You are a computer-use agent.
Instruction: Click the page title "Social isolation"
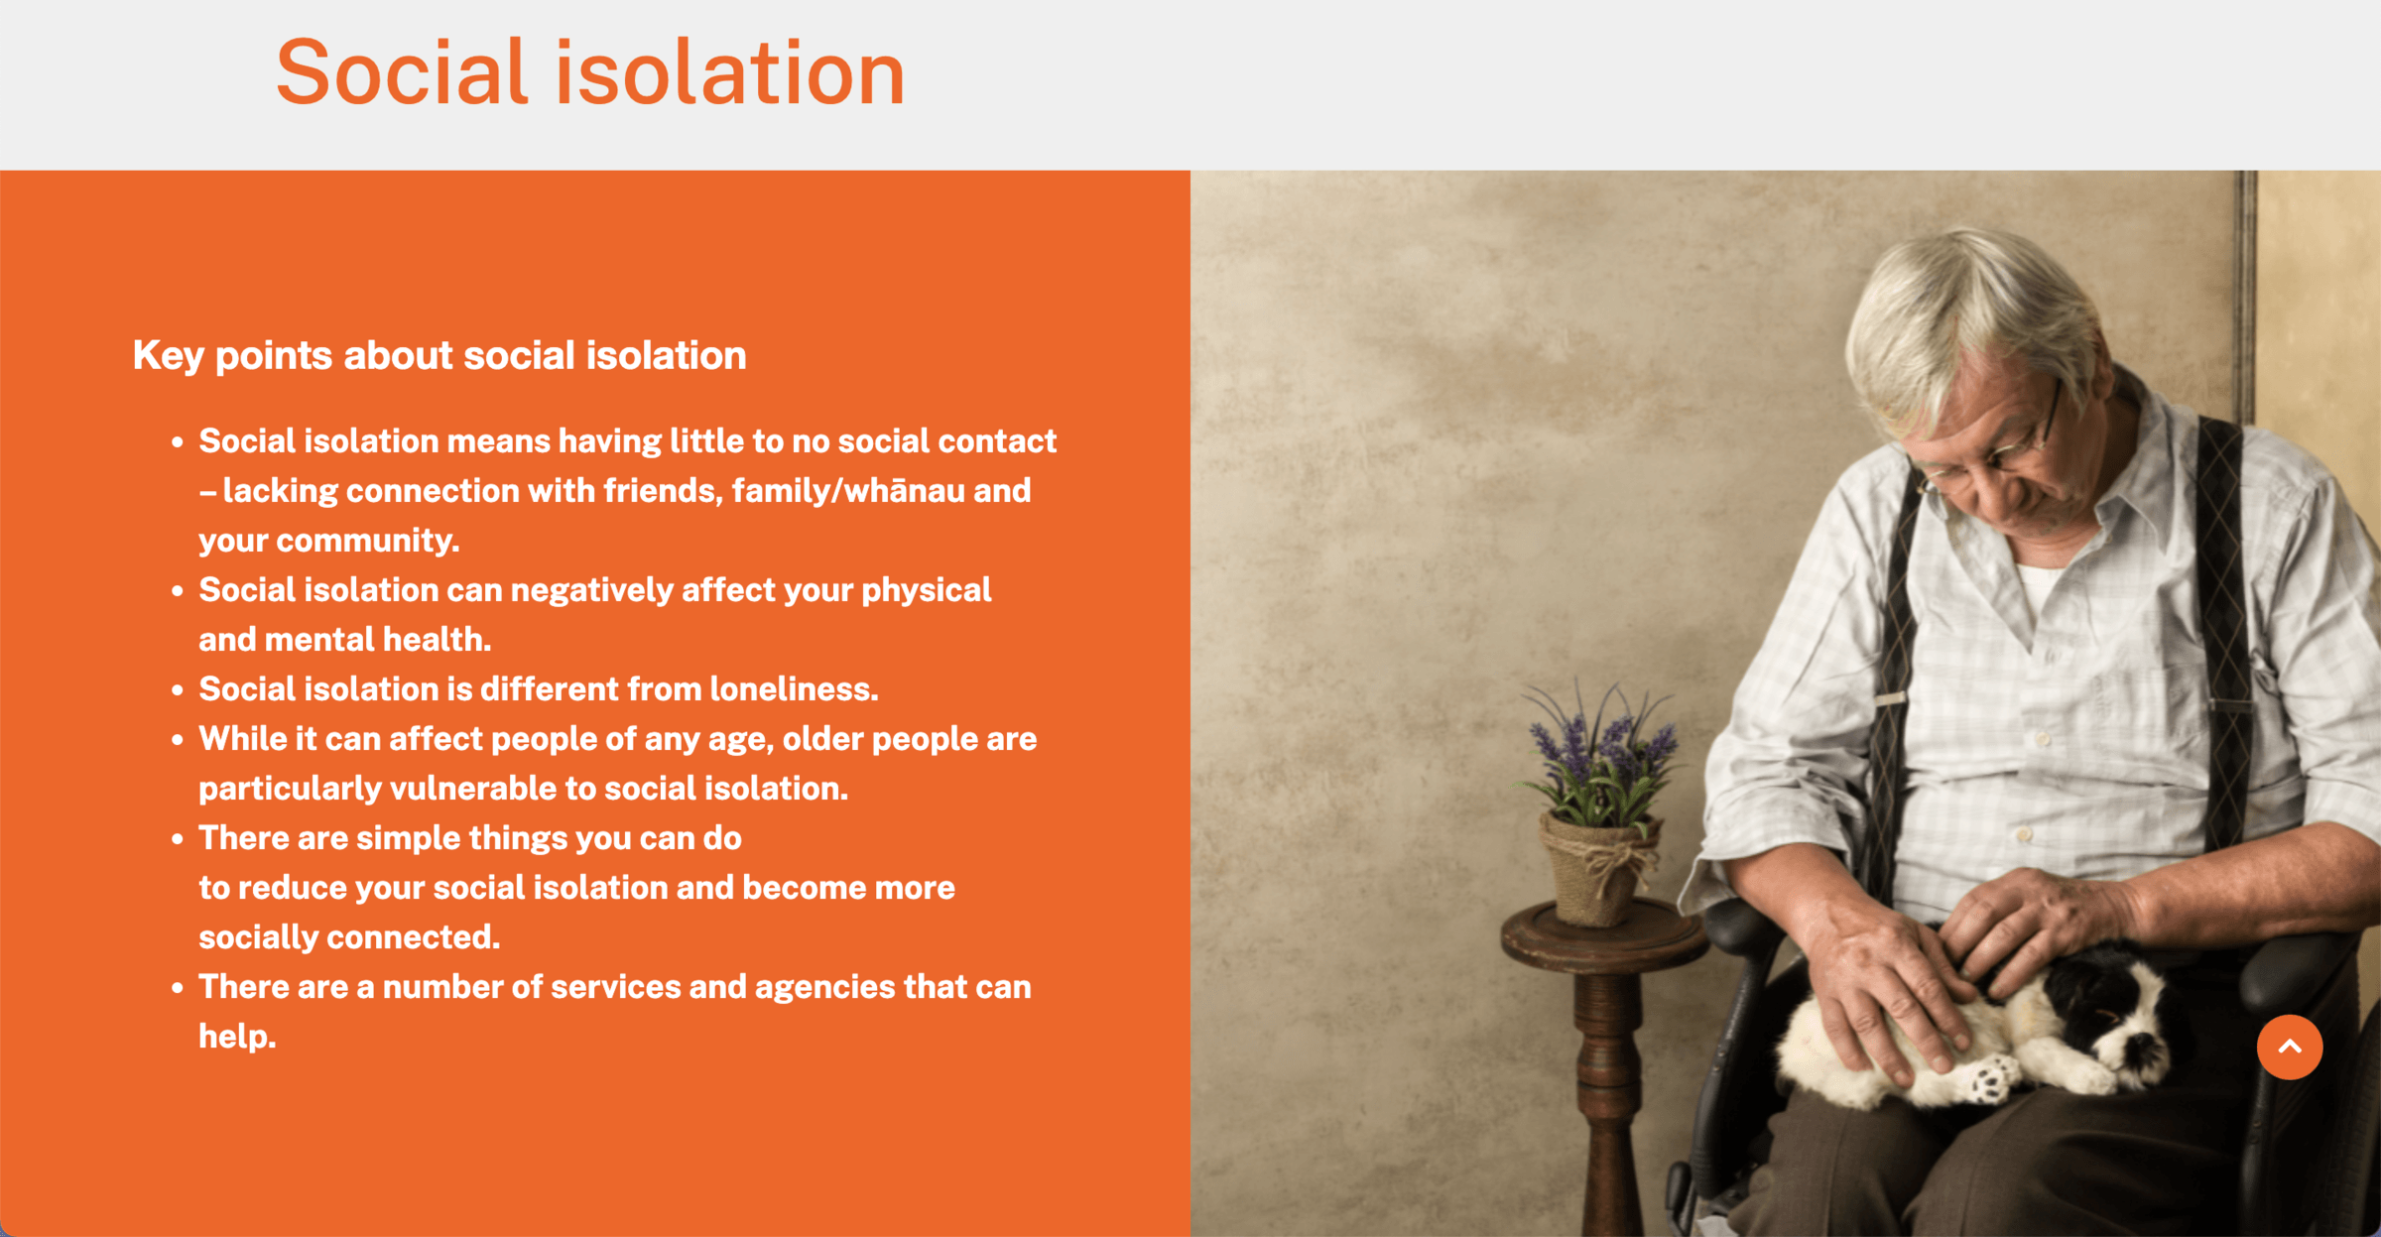pos(590,72)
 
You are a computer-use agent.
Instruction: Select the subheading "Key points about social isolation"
pos(439,356)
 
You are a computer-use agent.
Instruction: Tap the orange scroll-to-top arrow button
pos(2290,1047)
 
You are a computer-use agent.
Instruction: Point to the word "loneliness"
pos(794,688)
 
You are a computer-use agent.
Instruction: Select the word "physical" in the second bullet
pos(926,590)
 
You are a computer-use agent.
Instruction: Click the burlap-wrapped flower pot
pos(1597,867)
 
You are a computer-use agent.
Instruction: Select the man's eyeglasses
pos(1994,446)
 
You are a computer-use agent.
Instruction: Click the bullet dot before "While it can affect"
pos(178,739)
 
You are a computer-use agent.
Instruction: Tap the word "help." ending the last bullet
pos(237,1037)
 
